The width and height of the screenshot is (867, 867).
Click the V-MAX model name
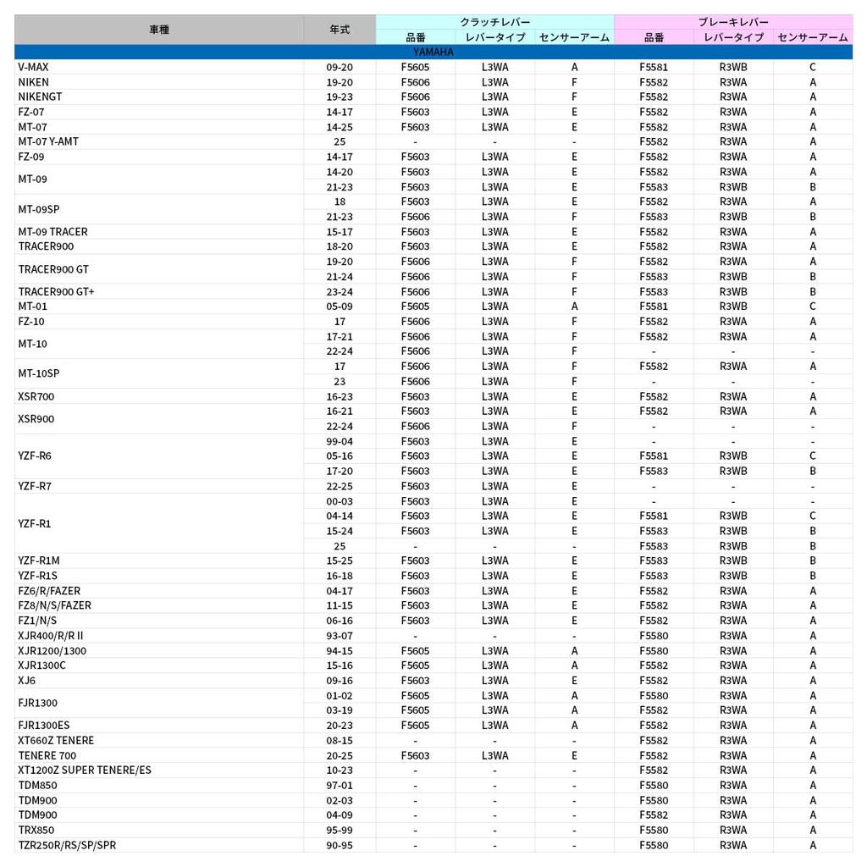pos(34,67)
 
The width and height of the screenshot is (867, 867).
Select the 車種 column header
pos(159,30)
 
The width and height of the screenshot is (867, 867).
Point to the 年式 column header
pos(340,30)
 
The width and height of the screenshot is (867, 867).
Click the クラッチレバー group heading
pos(494,22)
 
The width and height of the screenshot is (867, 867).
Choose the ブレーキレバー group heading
pos(733,22)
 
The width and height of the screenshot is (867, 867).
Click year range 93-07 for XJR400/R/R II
pos(340,636)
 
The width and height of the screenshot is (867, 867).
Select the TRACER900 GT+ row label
pos(57,291)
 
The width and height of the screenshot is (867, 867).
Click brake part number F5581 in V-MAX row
pos(654,67)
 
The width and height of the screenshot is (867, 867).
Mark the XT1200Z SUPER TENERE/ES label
pos(85,770)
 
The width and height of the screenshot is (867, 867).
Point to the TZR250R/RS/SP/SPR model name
pos(67,845)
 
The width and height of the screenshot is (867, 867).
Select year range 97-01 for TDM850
pos(340,786)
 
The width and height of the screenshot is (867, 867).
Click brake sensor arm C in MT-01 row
pos(813,306)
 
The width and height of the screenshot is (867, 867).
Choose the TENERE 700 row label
pos(47,756)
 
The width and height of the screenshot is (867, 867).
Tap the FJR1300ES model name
pos(44,726)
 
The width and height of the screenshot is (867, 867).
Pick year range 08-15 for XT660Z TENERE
pos(340,741)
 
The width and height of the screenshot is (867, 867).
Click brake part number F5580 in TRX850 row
pos(654,831)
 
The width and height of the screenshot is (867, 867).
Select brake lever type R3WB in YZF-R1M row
pos(733,561)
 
